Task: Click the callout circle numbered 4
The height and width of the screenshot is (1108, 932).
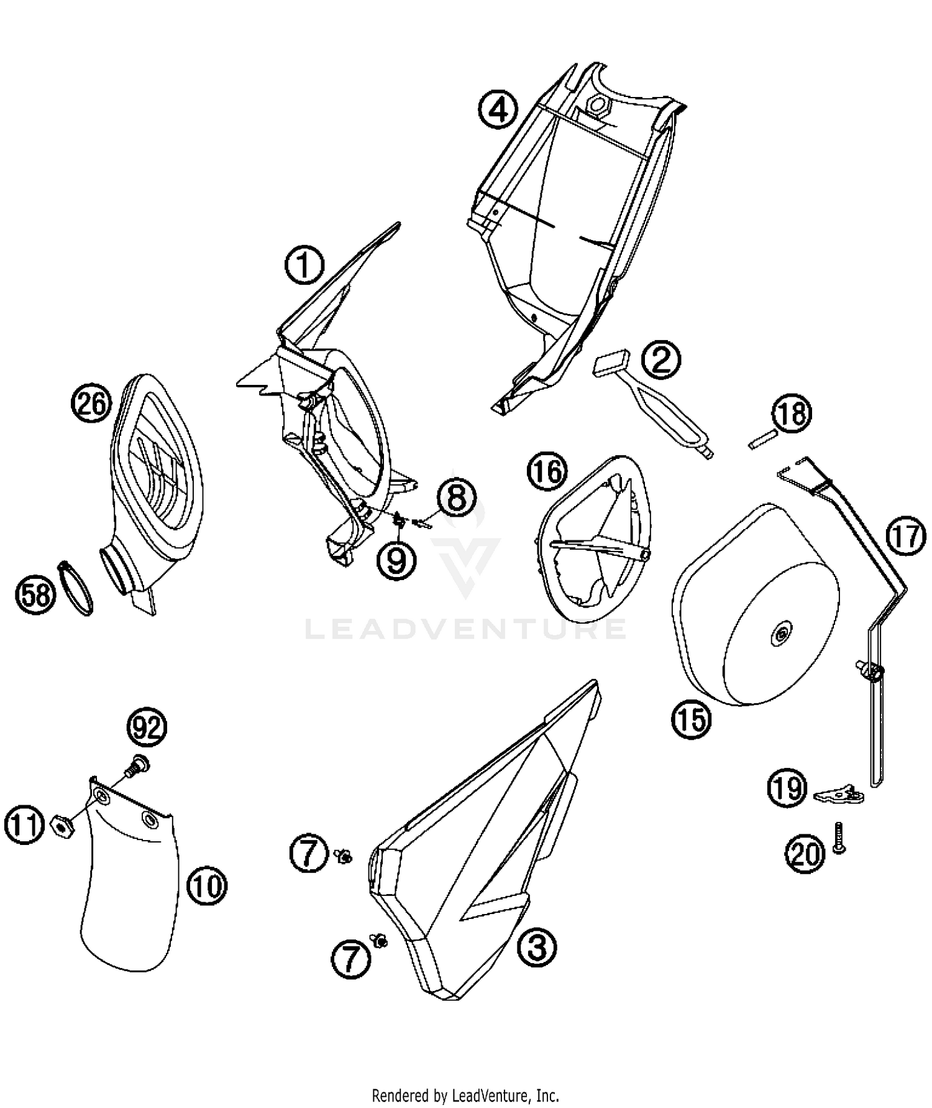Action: click(x=498, y=111)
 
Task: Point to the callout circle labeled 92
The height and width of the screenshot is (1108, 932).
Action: click(x=147, y=727)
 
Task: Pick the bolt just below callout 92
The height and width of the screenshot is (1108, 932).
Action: click(x=135, y=765)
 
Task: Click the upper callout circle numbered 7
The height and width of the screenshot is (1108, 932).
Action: click(x=309, y=854)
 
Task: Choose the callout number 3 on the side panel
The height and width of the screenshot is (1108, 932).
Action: click(x=537, y=948)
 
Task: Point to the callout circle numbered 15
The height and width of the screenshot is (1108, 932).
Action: click(x=691, y=719)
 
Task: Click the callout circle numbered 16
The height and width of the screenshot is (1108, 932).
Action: click(x=547, y=472)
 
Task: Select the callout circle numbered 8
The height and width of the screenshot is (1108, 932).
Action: click(x=457, y=498)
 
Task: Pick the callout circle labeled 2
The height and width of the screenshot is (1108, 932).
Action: click(x=661, y=359)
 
